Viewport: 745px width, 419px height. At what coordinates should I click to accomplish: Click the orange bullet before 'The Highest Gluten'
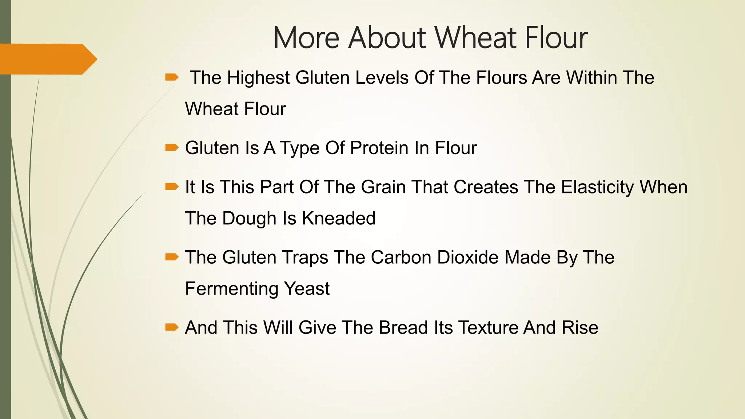(172, 77)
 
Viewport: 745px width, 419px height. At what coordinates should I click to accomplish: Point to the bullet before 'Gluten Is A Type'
(172, 147)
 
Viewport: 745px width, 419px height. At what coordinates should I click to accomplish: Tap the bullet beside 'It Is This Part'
(172, 187)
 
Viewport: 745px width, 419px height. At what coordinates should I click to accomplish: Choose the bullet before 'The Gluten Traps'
(172, 257)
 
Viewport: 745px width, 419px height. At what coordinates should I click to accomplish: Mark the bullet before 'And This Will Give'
(172, 327)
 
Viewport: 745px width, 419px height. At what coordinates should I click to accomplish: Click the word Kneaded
(339, 219)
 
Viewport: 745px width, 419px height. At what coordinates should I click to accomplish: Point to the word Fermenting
(231, 289)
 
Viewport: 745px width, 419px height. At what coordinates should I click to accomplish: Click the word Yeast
(307, 289)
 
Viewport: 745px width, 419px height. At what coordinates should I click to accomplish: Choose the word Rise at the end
(580, 328)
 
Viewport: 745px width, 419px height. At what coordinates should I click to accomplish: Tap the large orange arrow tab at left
(47, 59)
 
